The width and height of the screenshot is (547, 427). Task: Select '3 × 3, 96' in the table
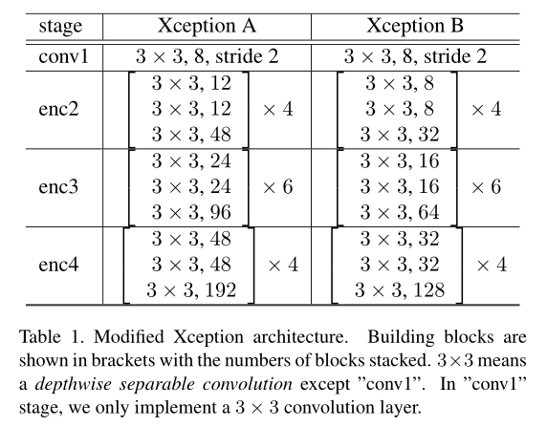pos(188,208)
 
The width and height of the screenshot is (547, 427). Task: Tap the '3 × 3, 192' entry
pos(189,287)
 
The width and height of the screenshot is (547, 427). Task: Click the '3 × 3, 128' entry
pos(400,287)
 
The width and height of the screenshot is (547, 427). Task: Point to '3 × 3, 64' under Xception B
pos(400,208)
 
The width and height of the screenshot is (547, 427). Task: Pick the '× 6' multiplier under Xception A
pos(277,185)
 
